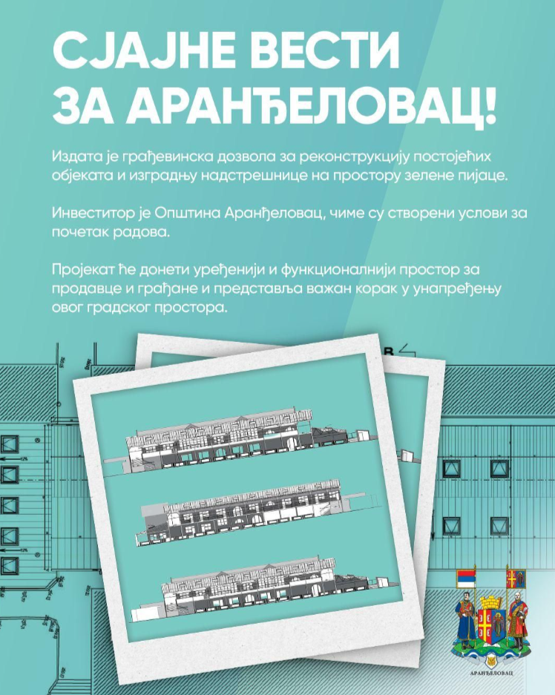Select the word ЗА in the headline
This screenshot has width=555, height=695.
tap(84, 108)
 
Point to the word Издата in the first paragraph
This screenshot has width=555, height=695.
tap(78, 157)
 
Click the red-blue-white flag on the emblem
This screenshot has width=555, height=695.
tap(466, 579)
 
